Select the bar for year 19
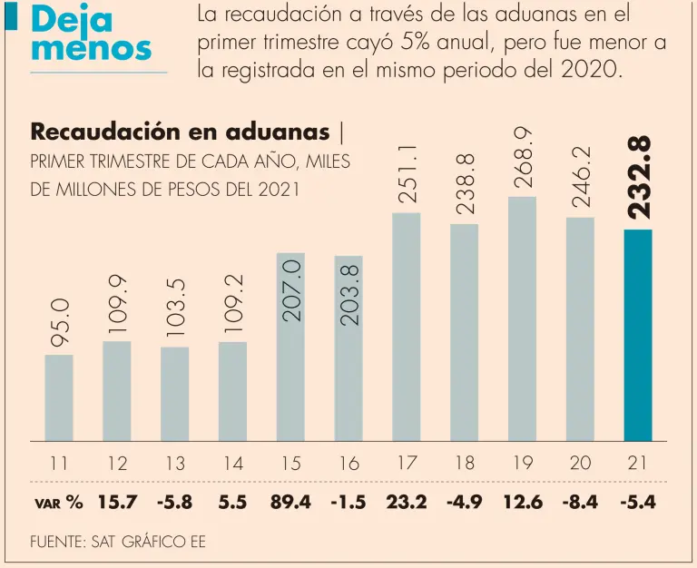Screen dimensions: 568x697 (x=522, y=318)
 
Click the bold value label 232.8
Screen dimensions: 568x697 (x=640, y=178)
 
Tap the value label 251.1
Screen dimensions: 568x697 (x=407, y=173)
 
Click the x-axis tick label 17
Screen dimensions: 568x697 (x=407, y=463)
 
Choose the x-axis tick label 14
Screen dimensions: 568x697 (x=233, y=463)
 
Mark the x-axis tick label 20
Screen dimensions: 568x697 (x=580, y=463)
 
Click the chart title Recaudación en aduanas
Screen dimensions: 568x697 (x=180, y=132)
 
